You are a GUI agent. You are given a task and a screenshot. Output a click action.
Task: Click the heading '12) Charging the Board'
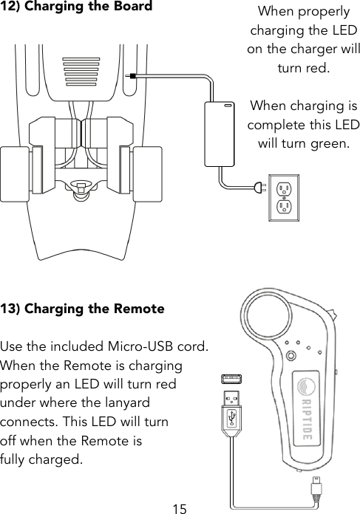click(77, 8)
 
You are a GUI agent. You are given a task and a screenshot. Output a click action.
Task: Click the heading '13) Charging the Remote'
click(82, 309)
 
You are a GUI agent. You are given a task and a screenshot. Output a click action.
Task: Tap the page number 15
click(179, 507)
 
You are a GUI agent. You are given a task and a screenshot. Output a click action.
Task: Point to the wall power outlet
click(282, 197)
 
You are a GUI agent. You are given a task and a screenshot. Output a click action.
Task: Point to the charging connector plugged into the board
click(132, 75)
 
